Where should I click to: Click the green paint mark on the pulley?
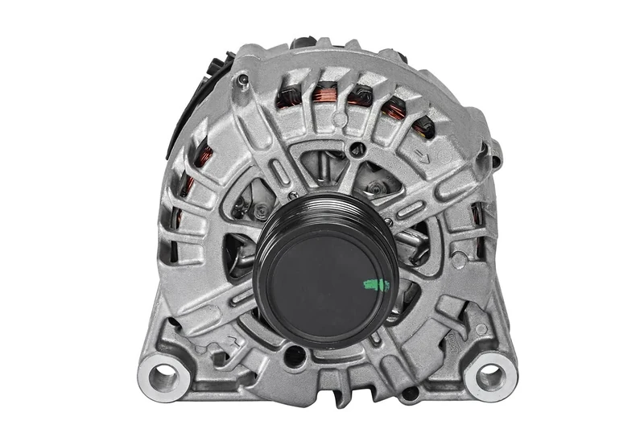tap(376, 284)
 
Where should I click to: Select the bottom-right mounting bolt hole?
tap(489, 373)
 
